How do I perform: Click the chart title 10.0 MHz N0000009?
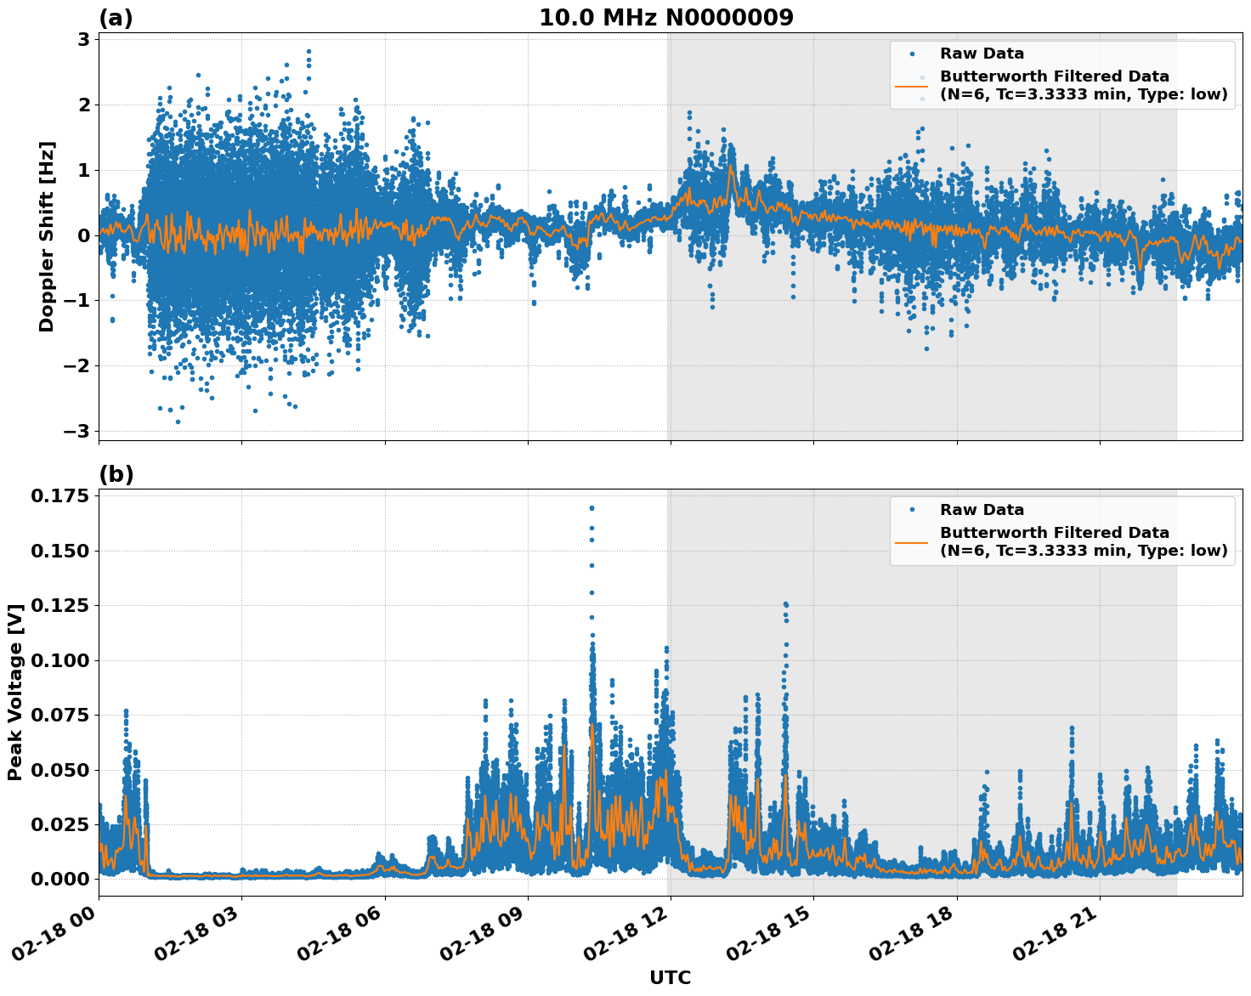[x=665, y=18]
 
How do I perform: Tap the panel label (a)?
[x=116, y=18]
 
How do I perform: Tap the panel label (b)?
[x=116, y=474]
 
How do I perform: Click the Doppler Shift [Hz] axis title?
[x=47, y=236]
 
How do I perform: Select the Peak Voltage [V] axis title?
[x=14, y=693]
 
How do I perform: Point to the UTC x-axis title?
[x=670, y=977]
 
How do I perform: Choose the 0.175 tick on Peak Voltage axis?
[x=59, y=496]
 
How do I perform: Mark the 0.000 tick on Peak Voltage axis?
[x=59, y=879]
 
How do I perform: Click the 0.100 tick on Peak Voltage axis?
[x=59, y=660]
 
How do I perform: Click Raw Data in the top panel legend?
[x=982, y=54]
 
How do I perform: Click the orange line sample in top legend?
[x=911, y=85]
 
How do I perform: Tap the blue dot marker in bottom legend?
[x=911, y=510]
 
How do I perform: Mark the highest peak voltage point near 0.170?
[x=592, y=508]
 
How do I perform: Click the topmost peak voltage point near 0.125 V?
[x=785, y=604]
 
